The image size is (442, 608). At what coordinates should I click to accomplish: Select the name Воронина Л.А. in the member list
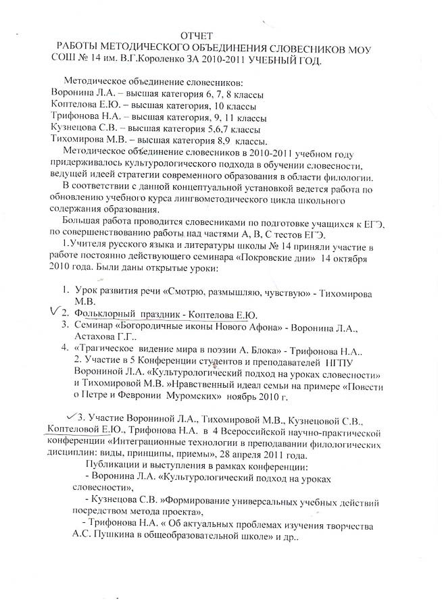click(83, 93)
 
